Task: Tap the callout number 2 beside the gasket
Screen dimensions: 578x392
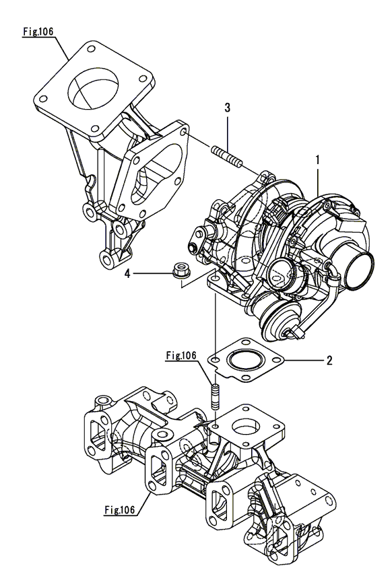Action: pyautogui.click(x=329, y=361)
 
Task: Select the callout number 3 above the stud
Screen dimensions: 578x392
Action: pyautogui.click(x=228, y=108)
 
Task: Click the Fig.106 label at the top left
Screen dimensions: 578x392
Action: pyautogui.click(x=38, y=32)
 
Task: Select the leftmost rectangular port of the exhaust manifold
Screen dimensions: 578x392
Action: pyautogui.click(x=96, y=430)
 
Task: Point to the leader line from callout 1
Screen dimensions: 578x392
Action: pyautogui.click(x=317, y=182)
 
